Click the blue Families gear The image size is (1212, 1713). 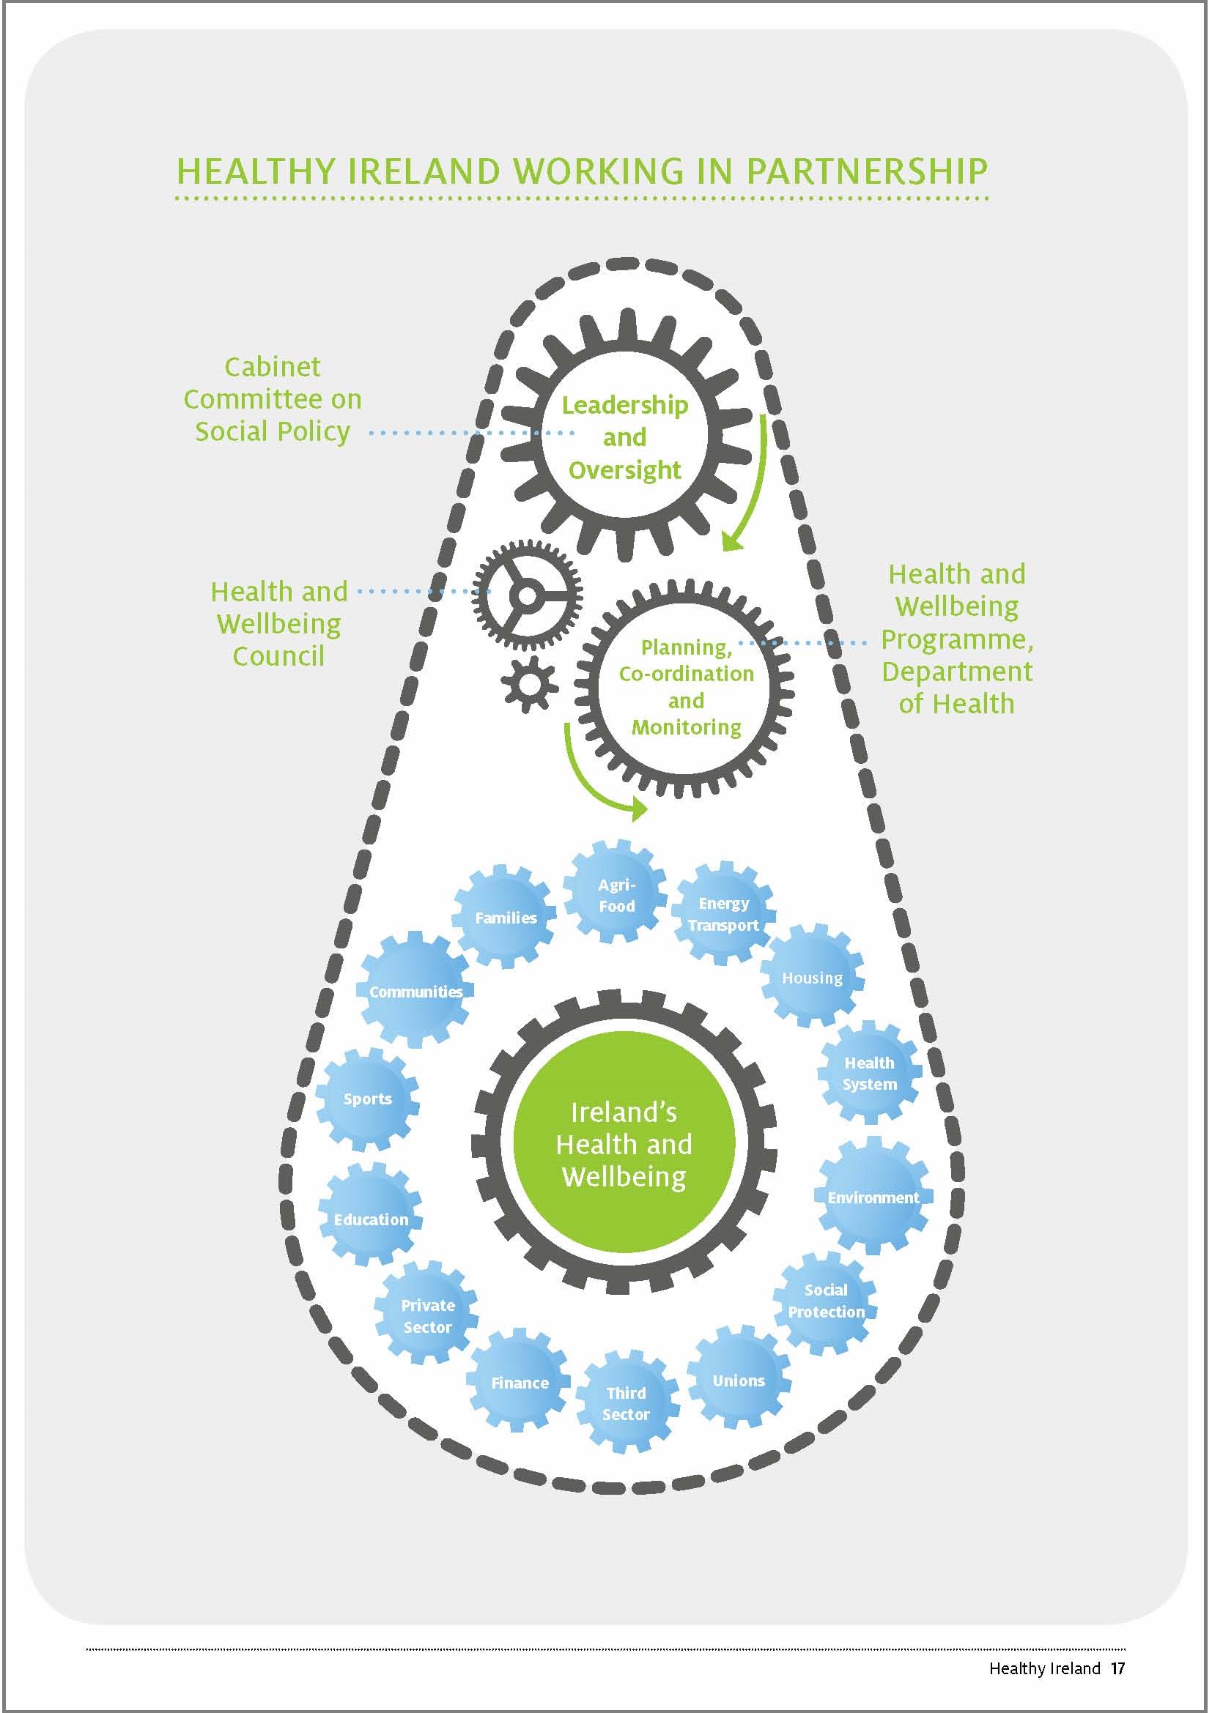point(506,917)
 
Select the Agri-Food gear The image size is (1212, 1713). point(616,894)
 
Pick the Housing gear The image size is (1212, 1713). point(812,978)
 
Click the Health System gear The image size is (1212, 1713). point(870,1073)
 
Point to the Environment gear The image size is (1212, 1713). point(873,1197)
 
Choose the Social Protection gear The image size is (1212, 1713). point(825,1301)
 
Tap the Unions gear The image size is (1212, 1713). point(738,1381)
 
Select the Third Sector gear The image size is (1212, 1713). point(625,1402)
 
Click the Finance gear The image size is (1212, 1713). point(520,1383)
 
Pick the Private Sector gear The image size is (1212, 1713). point(428,1315)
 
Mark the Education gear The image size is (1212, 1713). point(371,1219)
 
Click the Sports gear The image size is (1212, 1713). point(367,1099)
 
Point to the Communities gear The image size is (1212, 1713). point(415,991)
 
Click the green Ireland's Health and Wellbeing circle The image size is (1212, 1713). point(624,1144)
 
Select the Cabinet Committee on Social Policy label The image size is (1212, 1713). point(273,399)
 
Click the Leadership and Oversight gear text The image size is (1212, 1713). point(624,437)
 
